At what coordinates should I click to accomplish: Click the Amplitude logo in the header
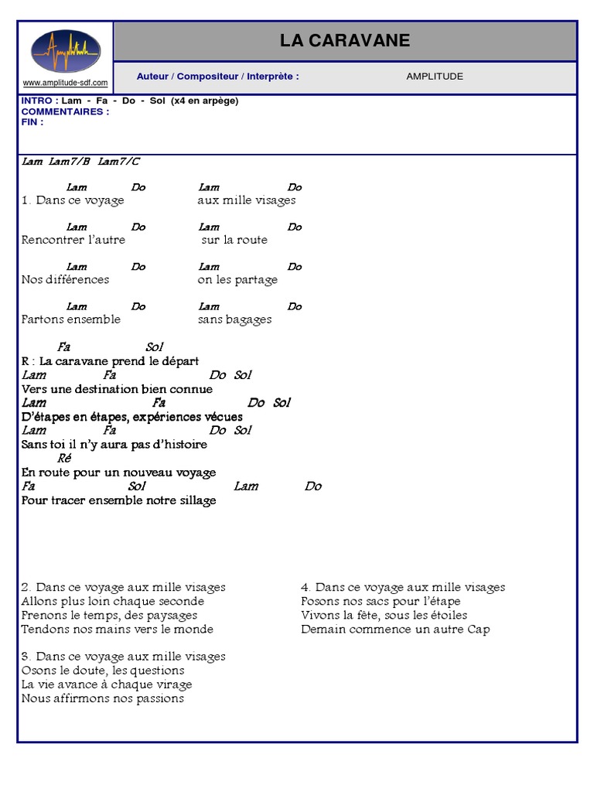pos(65,51)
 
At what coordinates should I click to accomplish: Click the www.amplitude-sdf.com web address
pos(65,83)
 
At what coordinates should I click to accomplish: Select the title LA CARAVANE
pos(345,41)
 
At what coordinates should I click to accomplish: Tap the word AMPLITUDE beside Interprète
pos(435,77)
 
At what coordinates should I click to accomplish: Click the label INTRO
pos(37,101)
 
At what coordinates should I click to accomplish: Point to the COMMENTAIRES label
pos(65,111)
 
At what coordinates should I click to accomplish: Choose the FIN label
pos(32,122)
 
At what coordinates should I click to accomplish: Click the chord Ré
pos(64,458)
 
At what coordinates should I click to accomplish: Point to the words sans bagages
pos(234,319)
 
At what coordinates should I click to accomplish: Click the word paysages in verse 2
pos(172,615)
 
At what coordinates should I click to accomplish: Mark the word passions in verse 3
pos(158,698)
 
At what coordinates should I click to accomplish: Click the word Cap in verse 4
pos(479,629)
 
